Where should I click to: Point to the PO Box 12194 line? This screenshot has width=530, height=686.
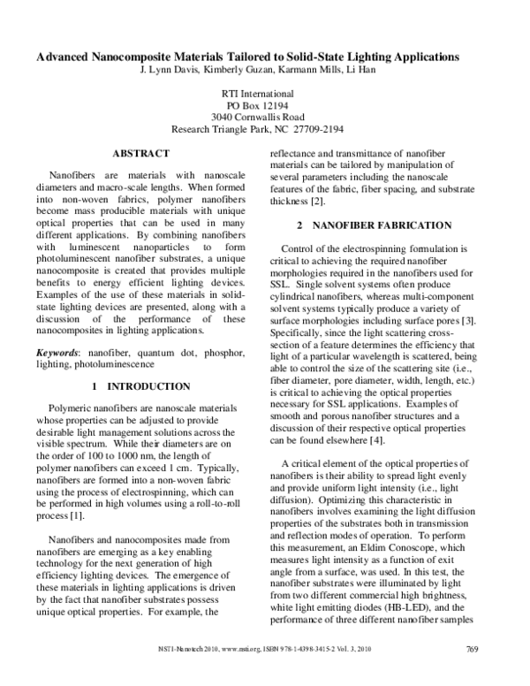(264, 105)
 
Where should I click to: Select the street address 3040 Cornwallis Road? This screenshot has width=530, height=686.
(264, 117)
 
